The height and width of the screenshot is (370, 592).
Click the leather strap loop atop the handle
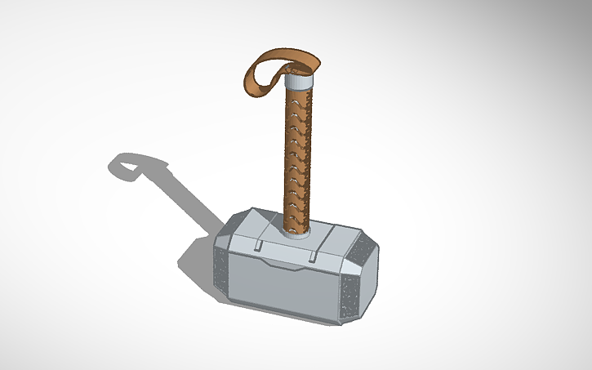click(282, 60)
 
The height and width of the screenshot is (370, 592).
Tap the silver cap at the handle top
click(300, 82)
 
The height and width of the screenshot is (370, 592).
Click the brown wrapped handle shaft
click(296, 155)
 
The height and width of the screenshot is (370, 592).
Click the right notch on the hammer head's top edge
click(314, 260)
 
